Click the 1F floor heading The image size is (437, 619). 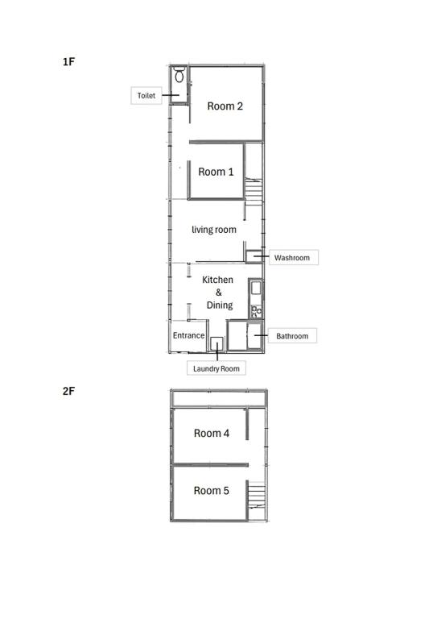click(68, 62)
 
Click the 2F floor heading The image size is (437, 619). click(68, 391)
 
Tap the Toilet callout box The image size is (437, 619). click(146, 96)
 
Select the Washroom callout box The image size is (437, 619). click(294, 257)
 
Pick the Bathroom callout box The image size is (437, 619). click(292, 335)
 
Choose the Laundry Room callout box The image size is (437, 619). click(216, 368)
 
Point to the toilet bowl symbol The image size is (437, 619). click(179, 75)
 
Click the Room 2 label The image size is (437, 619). click(225, 106)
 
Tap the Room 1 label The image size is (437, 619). click(216, 172)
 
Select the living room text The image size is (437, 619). click(214, 230)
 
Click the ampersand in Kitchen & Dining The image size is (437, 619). click(219, 292)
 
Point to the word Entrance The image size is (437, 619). click(189, 335)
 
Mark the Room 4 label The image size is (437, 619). click(212, 434)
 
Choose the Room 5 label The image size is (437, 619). click(211, 491)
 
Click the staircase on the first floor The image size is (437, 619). click(254, 192)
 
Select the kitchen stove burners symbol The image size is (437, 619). click(256, 311)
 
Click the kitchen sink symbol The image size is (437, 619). click(256, 288)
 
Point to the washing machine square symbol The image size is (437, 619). click(216, 343)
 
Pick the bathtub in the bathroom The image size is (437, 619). click(254, 336)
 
